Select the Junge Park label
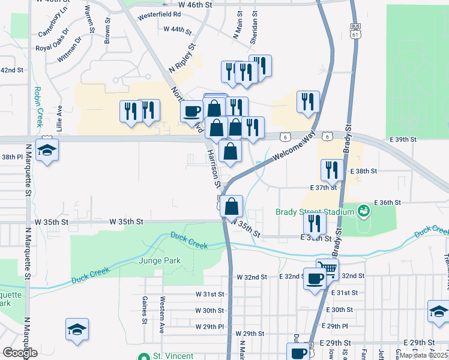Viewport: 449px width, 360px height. tap(155, 260)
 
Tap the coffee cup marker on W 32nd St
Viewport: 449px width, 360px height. tap(315, 278)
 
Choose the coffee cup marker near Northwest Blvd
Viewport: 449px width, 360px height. tap(192, 111)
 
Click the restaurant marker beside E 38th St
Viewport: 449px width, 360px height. tap(332, 170)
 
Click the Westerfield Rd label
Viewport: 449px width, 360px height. tap(159, 13)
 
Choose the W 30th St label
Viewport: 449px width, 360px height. tap(209, 311)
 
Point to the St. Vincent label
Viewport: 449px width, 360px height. tap(167, 356)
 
